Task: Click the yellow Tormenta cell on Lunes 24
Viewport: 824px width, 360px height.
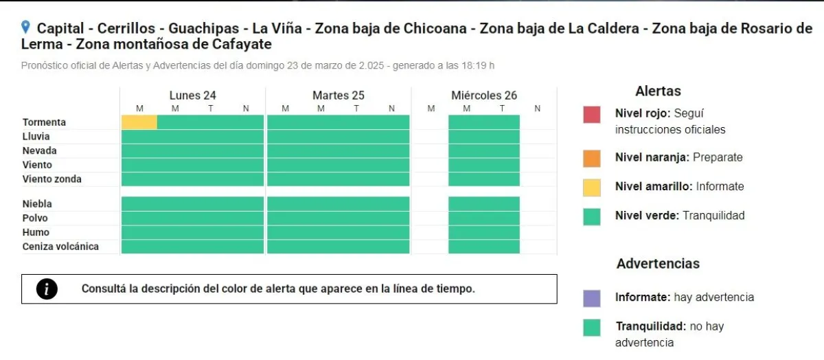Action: [x=139, y=122]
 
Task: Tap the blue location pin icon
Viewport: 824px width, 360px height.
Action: [x=25, y=27]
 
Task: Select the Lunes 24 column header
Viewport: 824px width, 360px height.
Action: [x=192, y=95]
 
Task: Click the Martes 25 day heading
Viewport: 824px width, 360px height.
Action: [x=339, y=95]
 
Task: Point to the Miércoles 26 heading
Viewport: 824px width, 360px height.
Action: [x=484, y=95]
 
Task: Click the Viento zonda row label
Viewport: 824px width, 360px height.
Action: [x=52, y=179]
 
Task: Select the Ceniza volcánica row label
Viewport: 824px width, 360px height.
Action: [x=60, y=246]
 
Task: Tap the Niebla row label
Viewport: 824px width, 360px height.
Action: [x=37, y=203]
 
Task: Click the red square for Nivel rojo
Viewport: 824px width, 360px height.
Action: [x=591, y=115]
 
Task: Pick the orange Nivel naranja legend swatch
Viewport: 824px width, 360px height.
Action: [x=591, y=158]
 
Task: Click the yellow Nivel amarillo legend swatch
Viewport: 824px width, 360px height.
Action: [x=591, y=188]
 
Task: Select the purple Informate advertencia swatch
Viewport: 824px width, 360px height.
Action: [x=591, y=298]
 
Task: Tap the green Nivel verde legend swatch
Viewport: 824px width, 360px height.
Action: [x=591, y=217]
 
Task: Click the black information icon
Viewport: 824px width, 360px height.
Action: [x=47, y=289]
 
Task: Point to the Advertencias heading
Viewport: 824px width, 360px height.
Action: [x=658, y=264]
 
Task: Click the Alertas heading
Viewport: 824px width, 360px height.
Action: [x=658, y=91]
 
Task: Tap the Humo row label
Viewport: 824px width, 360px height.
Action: [x=36, y=232]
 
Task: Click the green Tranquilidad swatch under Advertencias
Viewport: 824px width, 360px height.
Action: [x=591, y=328]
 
